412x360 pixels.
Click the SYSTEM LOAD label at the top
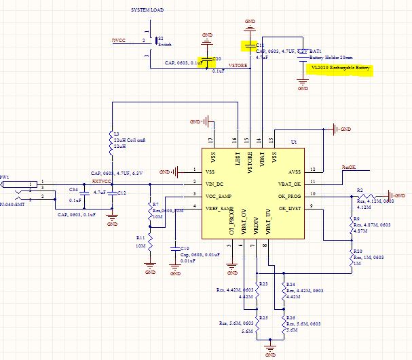click(149, 11)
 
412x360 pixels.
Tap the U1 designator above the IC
click(294, 143)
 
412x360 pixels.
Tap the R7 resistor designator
click(155, 204)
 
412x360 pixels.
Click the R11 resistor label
click(140, 238)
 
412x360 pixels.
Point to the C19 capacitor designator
click(184, 248)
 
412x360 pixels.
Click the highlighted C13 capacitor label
click(250, 45)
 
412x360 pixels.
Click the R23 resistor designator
click(263, 284)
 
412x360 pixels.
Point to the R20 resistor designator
click(357, 252)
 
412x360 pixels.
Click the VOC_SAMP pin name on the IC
click(218, 195)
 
